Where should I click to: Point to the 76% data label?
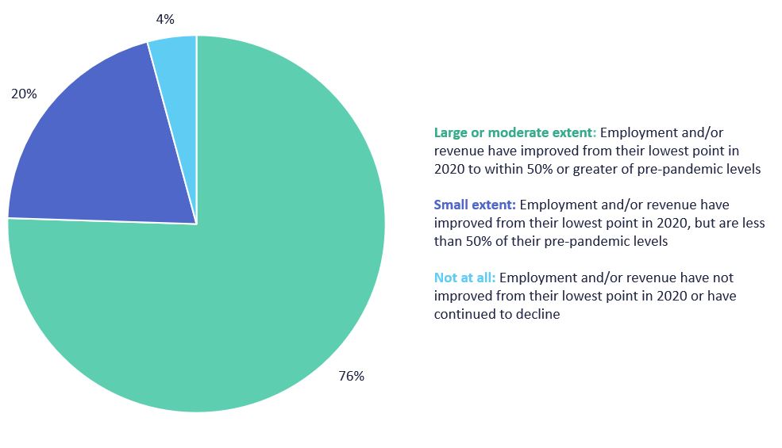click(351, 376)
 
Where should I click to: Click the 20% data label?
click(24, 94)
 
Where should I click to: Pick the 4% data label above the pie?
click(165, 19)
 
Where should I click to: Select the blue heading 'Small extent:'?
click(475, 205)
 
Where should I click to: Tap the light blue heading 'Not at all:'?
click(464, 278)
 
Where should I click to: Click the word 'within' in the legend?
click(507, 169)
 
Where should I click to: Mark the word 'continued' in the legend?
click(461, 314)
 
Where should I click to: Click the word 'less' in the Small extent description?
click(754, 223)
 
